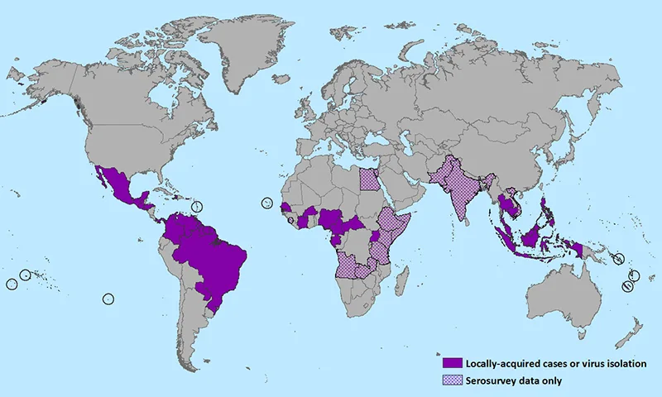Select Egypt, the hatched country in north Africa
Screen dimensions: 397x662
pyautogui.click(x=371, y=180)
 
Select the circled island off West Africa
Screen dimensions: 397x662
pyautogui.click(x=266, y=203)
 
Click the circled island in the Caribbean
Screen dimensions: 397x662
pyautogui.click(x=197, y=205)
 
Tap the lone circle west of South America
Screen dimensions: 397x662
pyautogui.click(x=108, y=299)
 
